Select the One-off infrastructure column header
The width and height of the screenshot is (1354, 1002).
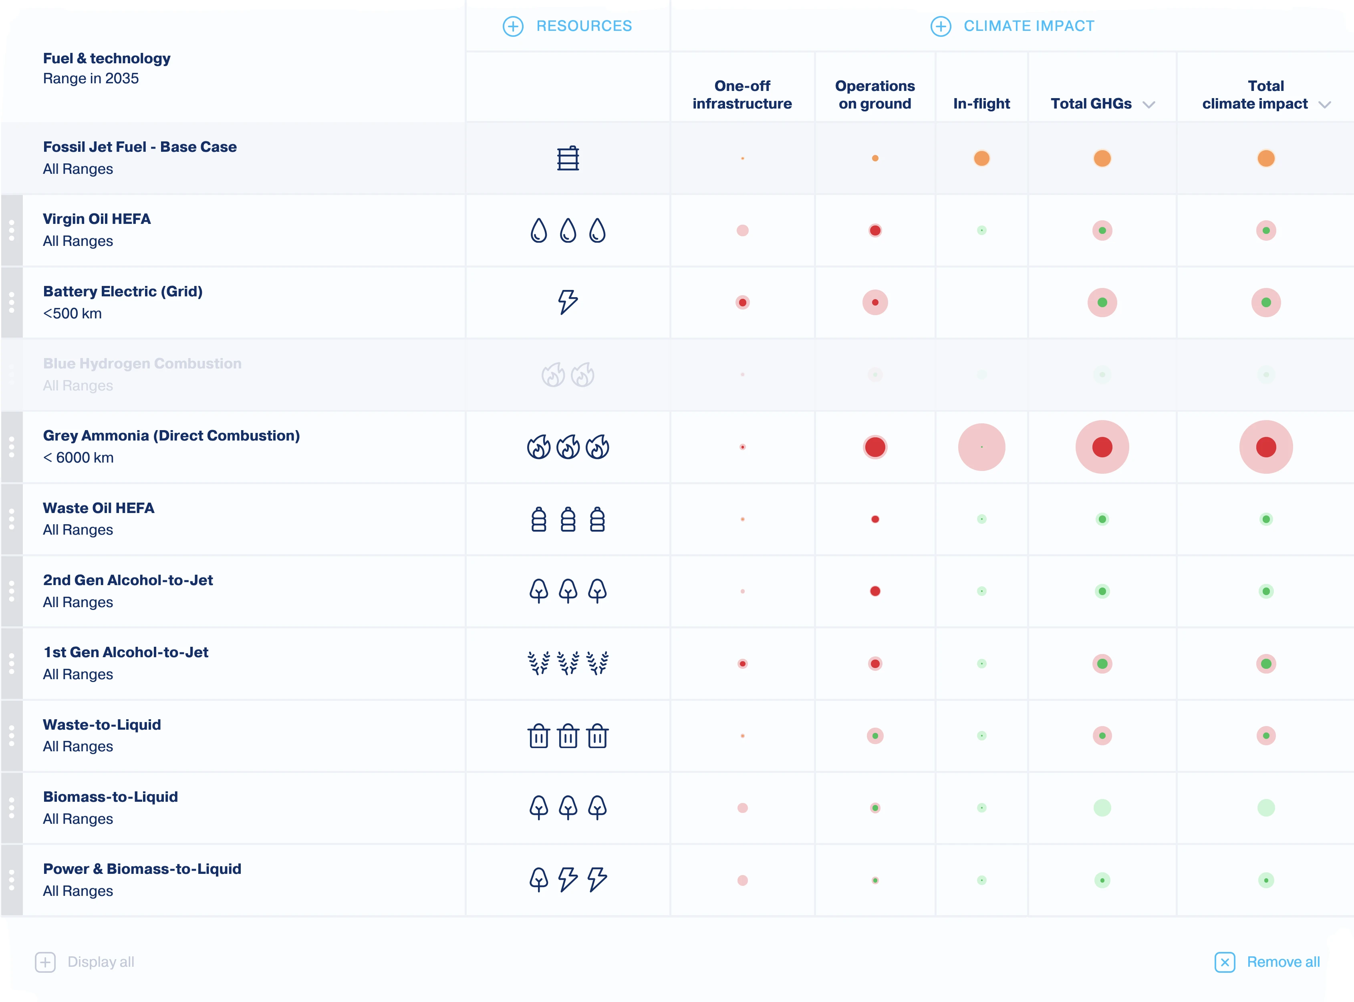742,95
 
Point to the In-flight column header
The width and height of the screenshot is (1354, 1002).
981,104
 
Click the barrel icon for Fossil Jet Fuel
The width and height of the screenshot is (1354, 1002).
568,158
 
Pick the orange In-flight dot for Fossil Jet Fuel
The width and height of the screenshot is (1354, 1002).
981,158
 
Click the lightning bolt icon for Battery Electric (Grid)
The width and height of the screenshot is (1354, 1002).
568,302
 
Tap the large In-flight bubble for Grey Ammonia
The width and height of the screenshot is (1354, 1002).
981,447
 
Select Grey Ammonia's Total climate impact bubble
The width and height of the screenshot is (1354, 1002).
1265,447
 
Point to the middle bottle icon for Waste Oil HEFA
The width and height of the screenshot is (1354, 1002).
568,519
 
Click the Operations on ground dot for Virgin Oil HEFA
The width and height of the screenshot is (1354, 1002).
875,231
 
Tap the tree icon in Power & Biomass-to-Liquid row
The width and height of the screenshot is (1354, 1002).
539,879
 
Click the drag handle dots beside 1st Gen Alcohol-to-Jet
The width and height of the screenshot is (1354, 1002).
12,664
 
